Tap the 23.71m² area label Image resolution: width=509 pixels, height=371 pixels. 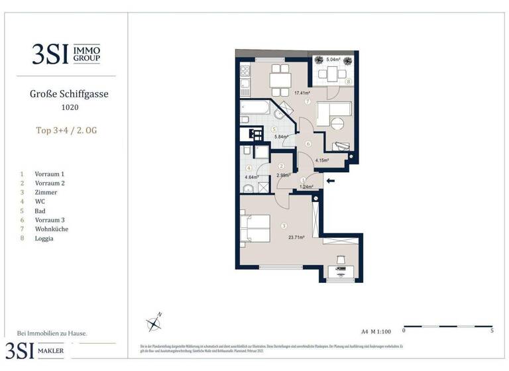296,237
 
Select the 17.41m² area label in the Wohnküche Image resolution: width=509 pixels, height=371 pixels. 303,93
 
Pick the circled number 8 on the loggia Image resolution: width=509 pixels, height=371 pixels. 348,82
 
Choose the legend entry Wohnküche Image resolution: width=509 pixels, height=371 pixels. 52,229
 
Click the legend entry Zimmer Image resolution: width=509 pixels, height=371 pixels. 46,191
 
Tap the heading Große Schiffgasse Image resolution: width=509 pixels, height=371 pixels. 69,94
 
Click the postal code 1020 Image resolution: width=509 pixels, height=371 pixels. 69,107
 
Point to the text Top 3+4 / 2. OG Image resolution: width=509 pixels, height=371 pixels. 69,131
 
